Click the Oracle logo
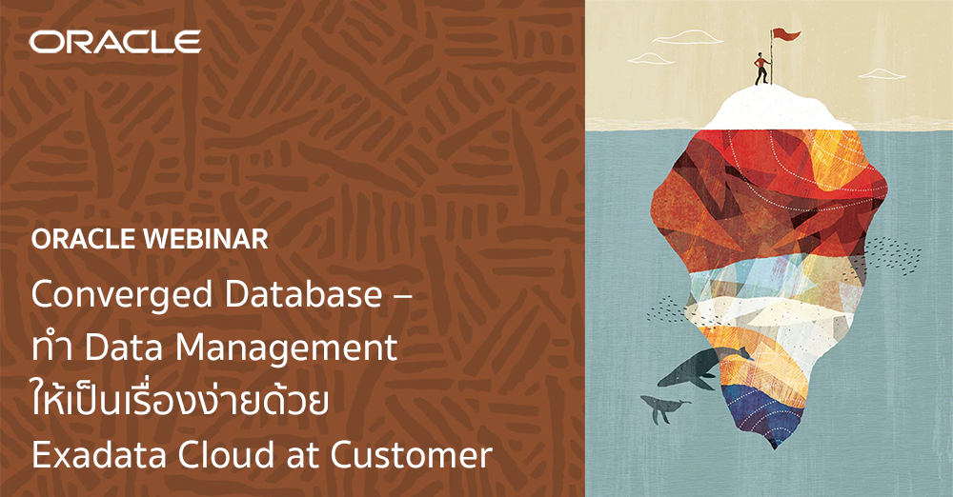click(114, 42)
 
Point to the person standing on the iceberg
click(760, 69)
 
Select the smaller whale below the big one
click(664, 408)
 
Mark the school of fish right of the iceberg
click(891, 254)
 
